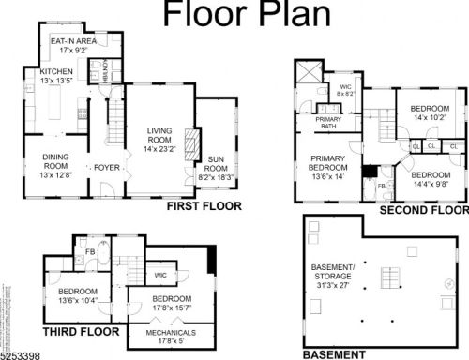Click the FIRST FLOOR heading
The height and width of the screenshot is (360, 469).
[x=204, y=206]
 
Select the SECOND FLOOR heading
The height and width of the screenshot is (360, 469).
[x=422, y=211]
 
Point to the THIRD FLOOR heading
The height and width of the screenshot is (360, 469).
[x=82, y=332]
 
